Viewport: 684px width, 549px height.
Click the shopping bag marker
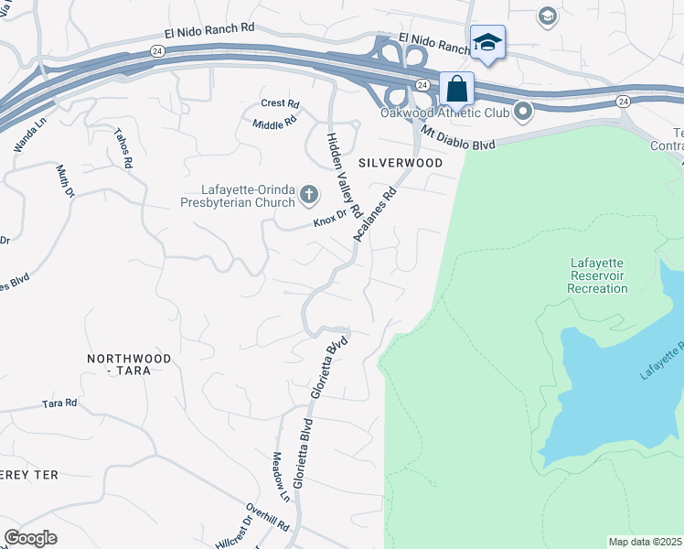[456, 91]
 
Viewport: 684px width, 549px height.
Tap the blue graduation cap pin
[487, 43]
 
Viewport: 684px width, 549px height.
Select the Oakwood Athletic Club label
[444, 113]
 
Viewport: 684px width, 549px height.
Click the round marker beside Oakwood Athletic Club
[523, 113]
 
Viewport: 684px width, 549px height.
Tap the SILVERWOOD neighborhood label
[401, 163]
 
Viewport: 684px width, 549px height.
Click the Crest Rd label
[280, 103]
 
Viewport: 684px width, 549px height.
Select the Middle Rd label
[274, 122]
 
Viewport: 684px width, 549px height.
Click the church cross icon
[310, 193]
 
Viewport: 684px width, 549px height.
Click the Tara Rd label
[59, 403]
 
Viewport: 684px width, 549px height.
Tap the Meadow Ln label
[281, 476]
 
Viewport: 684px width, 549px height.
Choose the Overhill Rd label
[268, 517]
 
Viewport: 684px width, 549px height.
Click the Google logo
[30, 538]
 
